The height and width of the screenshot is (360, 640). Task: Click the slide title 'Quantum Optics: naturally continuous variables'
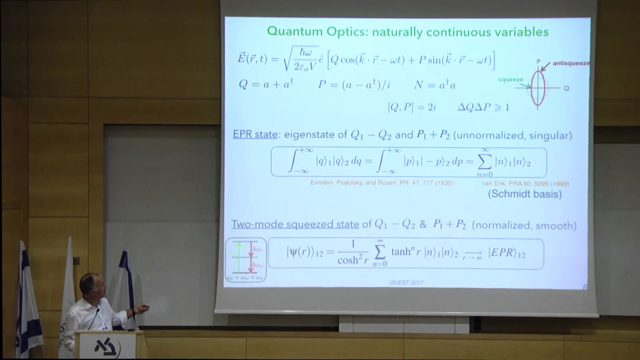click(x=407, y=32)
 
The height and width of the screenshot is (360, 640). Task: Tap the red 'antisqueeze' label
click(x=571, y=63)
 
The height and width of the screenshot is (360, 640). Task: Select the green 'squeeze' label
click(x=510, y=79)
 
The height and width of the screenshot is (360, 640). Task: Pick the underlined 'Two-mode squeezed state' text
click(x=295, y=224)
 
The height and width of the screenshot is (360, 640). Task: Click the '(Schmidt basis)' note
click(x=524, y=194)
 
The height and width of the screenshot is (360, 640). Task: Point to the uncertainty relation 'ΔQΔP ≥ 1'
click(x=483, y=107)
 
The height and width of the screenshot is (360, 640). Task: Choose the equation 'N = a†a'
click(x=434, y=84)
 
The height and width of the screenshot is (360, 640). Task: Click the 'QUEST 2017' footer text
click(x=406, y=282)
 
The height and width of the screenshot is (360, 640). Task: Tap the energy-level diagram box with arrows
click(x=245, y=259)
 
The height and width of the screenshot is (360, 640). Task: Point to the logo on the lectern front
click(x=105, y=347)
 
